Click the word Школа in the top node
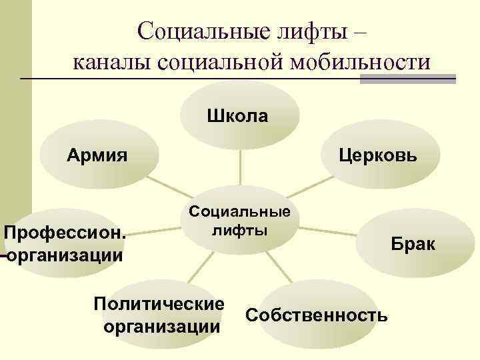[238, 117]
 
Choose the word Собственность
[316, 315]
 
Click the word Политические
[159, 304]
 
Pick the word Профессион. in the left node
[65, 233]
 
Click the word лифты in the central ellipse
[239, 231]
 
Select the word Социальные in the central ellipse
[240, 213]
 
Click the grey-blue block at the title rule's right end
[407, 78]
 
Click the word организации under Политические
[161, 327]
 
